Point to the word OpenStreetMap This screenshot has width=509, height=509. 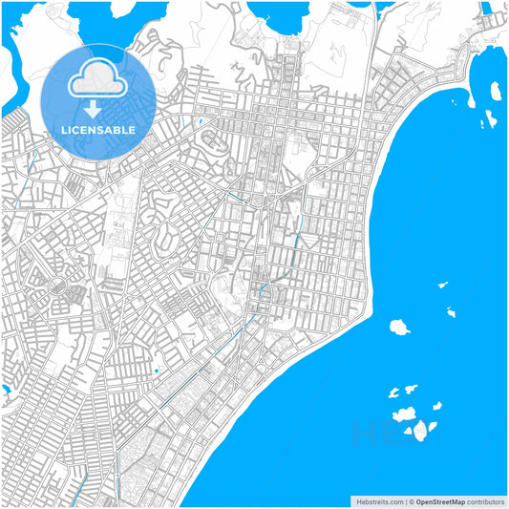pos(440,501)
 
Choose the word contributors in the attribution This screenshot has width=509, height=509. pos(485,501)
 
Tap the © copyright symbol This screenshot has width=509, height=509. pos(412,501)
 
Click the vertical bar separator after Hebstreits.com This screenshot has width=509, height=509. pos(406,501)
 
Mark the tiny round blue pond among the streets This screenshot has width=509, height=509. pos(156,371)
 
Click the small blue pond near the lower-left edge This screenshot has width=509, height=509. pos(6,391)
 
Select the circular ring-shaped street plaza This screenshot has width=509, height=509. pos(55,286)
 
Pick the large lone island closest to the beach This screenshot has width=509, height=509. pos(399,327)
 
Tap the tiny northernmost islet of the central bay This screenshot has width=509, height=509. pos(442,285)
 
